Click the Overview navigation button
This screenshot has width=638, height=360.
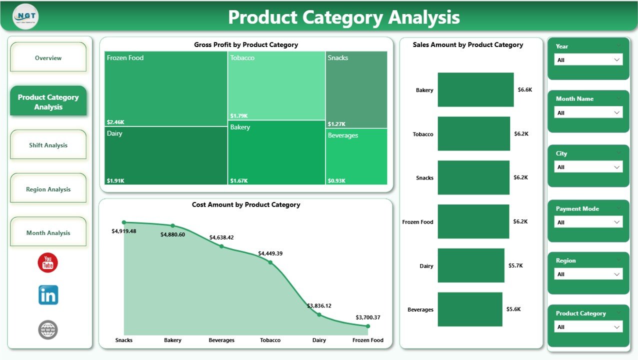click(48, 58)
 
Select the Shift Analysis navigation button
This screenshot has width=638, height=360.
click(48, 145)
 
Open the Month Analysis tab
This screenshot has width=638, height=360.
click(48, 232)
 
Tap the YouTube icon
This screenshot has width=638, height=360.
click(48, 262)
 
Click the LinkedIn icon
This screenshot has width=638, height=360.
click(48, 295)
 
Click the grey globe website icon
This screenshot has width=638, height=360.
click(48, 329)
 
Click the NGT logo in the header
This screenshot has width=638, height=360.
click(25, 16)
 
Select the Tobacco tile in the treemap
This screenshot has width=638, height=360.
click(276, 85)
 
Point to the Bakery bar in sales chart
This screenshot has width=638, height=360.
click(475, 89)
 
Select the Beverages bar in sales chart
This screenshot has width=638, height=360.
click(469, 309)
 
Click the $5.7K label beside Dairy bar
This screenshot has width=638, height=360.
click(515, 265)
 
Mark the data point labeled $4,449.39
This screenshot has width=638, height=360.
click(270, 262)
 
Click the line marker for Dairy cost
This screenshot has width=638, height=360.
click(319, 314)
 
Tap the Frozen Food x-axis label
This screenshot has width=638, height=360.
click(367, 340)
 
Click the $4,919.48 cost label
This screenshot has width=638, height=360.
click(123, 231)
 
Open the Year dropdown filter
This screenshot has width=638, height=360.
click(588, 60)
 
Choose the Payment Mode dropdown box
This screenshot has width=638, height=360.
click(588, 222)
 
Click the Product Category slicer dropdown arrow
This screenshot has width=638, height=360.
click(616, 327)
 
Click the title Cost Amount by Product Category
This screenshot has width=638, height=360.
click(246, 204)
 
